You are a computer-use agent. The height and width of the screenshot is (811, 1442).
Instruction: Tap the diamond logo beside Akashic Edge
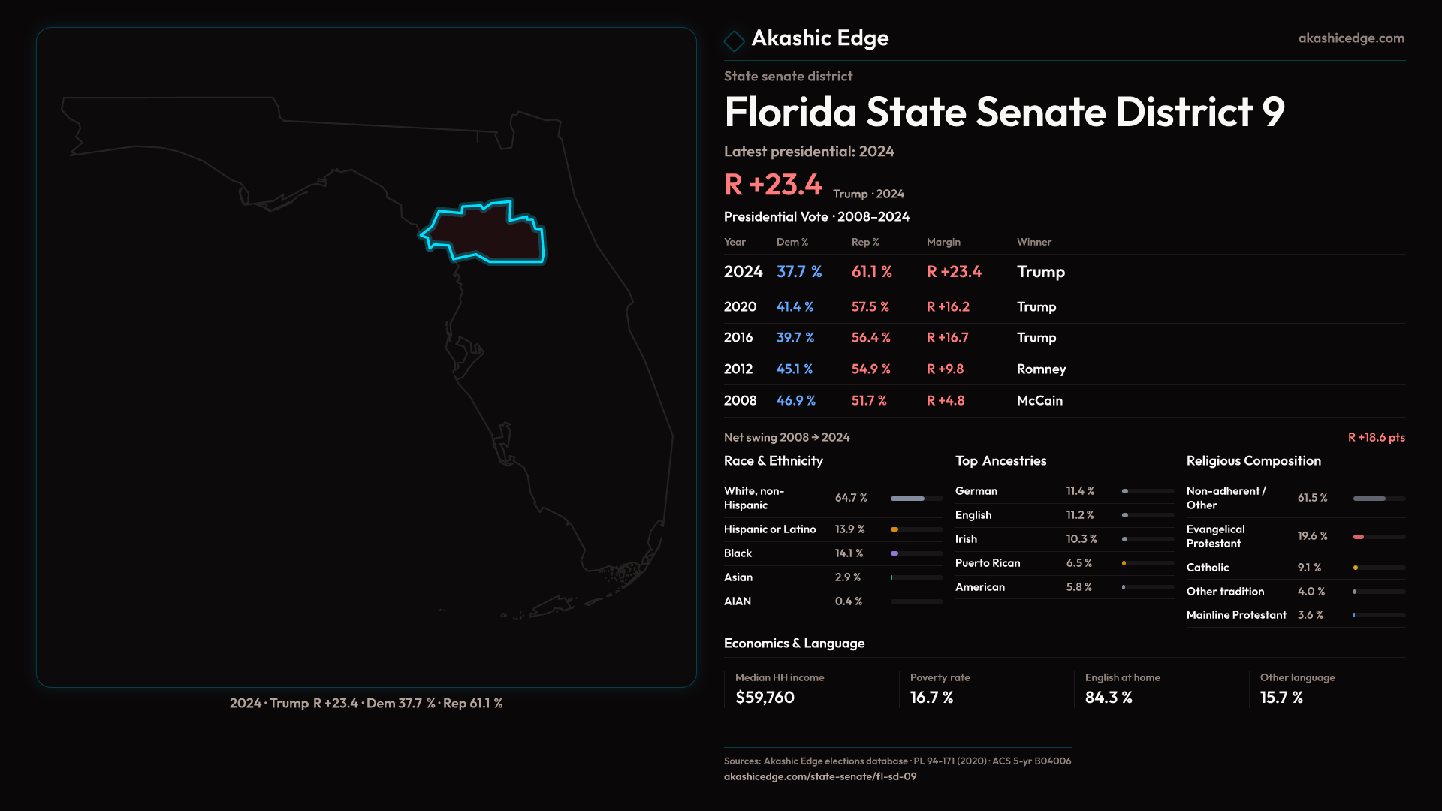tap(734, 41)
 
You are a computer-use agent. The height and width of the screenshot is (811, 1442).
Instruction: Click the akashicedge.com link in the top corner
tap(1350, 38)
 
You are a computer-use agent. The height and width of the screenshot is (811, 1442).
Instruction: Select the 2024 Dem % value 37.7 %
tap(798, 272)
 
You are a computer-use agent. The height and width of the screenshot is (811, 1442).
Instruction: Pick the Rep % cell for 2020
tap(870, 307)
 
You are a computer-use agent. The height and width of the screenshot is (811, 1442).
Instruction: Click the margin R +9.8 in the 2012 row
tap(945, 369)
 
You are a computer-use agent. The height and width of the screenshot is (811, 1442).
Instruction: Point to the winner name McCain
tap(1039, 401)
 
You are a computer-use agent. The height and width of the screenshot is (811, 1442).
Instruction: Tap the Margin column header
tap(943, 242)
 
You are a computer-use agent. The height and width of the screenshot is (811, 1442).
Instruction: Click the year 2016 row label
tap(738, 338)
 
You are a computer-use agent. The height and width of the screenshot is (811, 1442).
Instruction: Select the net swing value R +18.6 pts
tap(1376, 437)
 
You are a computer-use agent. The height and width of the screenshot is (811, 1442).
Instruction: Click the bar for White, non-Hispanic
tap(916, 499)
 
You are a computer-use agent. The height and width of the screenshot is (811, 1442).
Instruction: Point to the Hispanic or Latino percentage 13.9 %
tap(849, 529)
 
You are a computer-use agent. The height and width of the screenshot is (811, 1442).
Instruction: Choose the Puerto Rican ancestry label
tap(988, 563)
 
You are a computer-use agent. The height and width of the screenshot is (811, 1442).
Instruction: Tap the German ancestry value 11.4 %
tap(1080, 491)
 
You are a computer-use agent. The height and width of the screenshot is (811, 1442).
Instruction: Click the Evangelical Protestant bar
tap(1378, 537)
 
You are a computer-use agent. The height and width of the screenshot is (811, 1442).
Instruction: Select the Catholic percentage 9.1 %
tap(1309, 568)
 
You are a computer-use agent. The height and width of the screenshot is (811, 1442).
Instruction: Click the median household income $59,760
tap(765, 698)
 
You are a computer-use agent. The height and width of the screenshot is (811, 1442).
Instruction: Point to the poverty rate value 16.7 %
tap(931, 698)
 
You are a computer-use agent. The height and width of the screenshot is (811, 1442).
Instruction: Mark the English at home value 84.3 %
tap(1109, 698)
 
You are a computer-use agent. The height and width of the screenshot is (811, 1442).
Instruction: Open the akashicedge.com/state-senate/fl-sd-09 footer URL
tap(820, 776)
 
